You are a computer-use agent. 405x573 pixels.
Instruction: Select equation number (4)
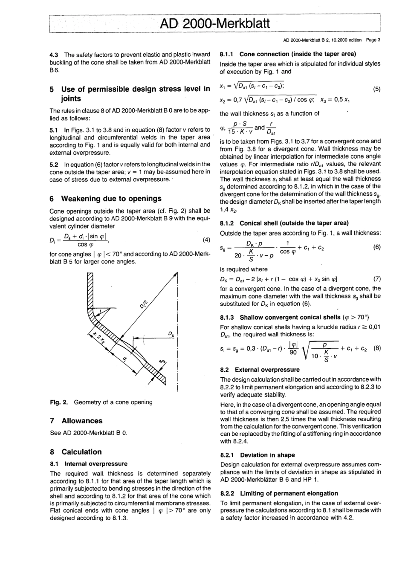(x=206, y=240)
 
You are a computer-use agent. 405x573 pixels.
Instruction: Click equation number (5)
(x=376, y=89)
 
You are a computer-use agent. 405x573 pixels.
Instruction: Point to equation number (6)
(x=376, y=247)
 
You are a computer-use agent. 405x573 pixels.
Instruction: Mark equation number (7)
(x=376, y=279)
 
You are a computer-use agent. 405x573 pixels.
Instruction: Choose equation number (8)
(x=377, y=347)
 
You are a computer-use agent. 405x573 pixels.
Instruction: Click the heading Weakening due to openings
(x=111, y=199)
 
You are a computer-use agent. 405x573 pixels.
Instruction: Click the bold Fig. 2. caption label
(x=60, y=402)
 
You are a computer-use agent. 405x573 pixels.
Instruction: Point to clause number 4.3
(x=54, y=55)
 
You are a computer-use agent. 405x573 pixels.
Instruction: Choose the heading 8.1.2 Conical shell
(x=284, y=223)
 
